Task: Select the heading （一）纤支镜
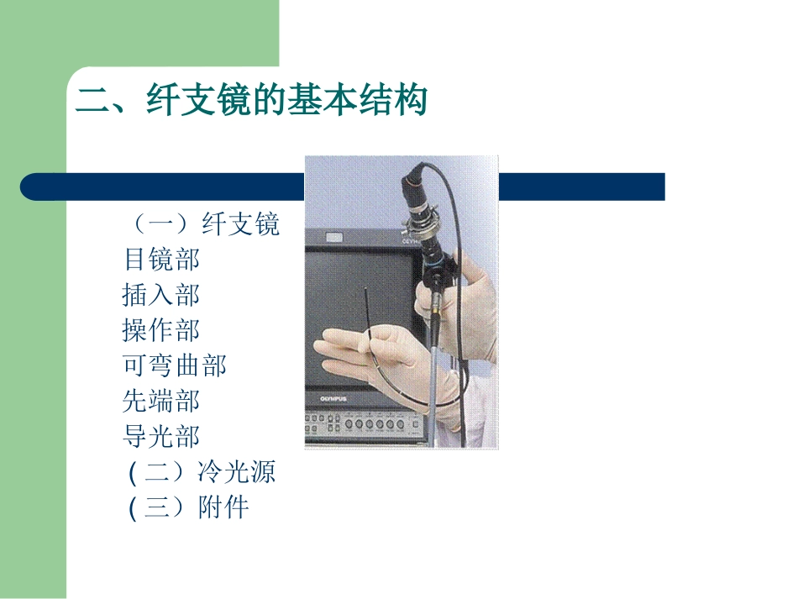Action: [x=202, y=224]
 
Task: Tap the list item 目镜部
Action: [x=161, y=260]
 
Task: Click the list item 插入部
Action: [x=161, y=295]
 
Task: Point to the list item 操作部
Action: [x=161, y=330]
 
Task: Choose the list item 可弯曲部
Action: [x=174, y=365]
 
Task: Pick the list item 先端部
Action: [x=161, y=401]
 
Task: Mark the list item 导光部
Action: [x=161, y=436]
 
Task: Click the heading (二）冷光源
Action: [x=202, y=472]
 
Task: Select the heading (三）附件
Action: [x=188, y=507]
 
